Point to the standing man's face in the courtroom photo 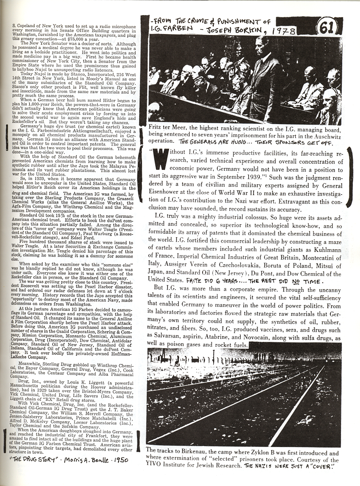coord(262,47)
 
